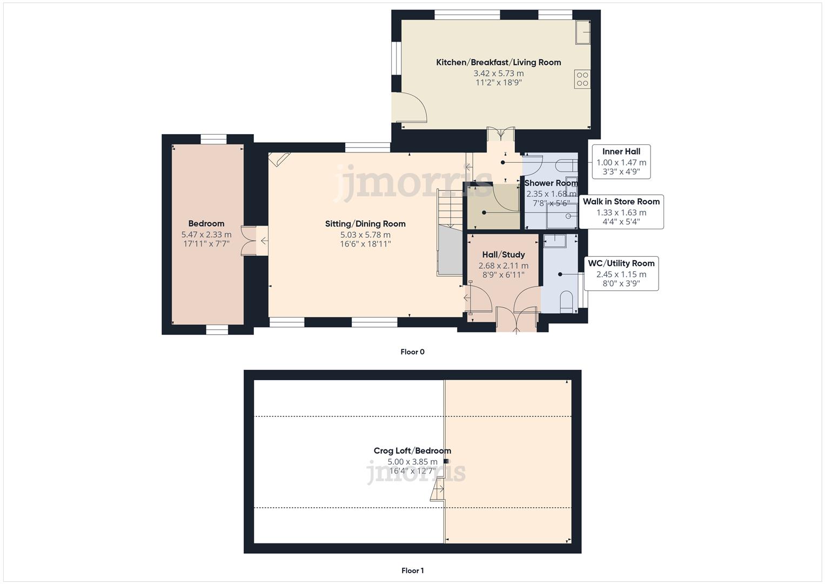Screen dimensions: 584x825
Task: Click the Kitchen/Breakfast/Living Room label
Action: click(498, 62)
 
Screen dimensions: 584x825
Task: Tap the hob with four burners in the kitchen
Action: click(582, 79)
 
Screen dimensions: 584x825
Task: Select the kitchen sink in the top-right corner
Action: click(582, 32)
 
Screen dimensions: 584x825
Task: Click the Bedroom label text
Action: click(206, 223)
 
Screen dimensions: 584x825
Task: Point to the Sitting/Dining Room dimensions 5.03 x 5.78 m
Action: click(365, 235)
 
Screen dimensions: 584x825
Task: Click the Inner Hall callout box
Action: click(621, 162)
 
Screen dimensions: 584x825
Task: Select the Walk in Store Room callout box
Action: click(621, 211)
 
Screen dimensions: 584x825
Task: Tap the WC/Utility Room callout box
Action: click(621, 273)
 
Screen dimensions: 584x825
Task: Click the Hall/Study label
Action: click(503, 254)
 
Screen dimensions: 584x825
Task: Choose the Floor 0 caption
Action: click(412, 351)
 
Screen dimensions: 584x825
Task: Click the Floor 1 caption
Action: click(412, 570)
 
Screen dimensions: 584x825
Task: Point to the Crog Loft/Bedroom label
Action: click(412, 450)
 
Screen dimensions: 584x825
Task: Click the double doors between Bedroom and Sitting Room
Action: click(250, 240)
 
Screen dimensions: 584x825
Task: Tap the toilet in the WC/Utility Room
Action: click(566, 301)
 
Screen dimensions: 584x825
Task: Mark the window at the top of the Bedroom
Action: click(213, 139)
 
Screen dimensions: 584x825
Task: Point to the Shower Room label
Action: click(551, 183)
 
